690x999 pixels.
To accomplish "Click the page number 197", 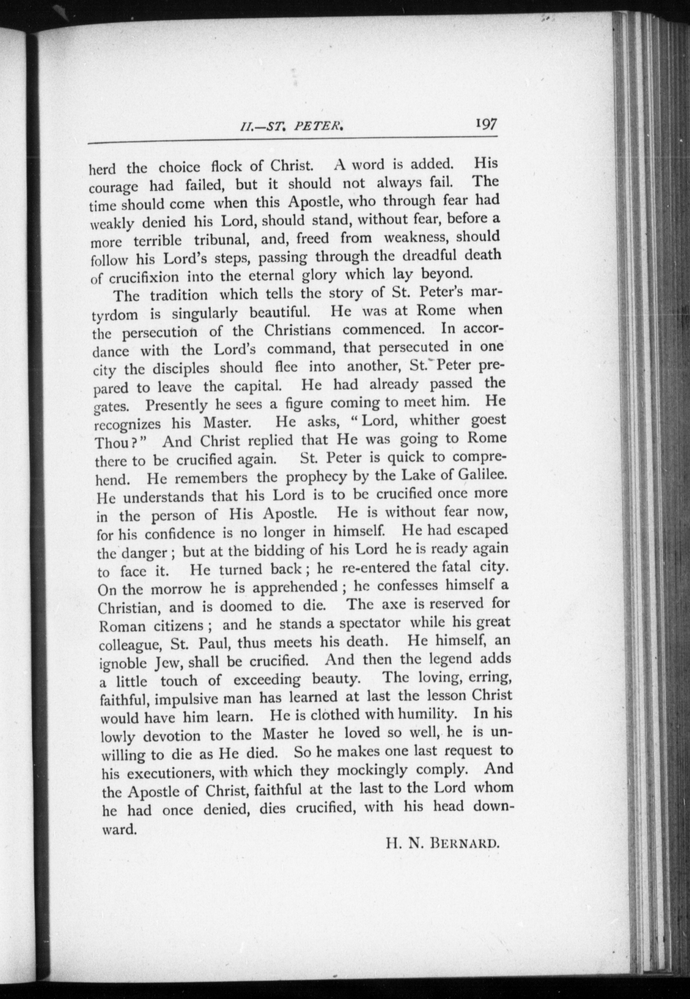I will (x=486, y=124).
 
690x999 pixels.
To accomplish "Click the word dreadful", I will (x=429, y=256).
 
